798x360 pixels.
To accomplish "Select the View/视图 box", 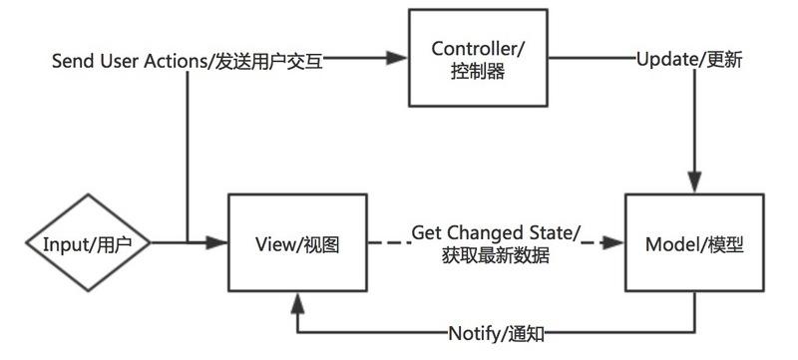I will [297, 243].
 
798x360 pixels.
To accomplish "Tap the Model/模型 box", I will [694, 243].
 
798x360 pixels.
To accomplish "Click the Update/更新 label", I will [688, 60].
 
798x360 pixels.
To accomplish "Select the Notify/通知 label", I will [496, 333].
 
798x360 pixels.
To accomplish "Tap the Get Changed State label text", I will [496, 232].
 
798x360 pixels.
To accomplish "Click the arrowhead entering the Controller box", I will [399, 60].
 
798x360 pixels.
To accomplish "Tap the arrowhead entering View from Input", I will [218, 242].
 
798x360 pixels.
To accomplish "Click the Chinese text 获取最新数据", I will [496, 255].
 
